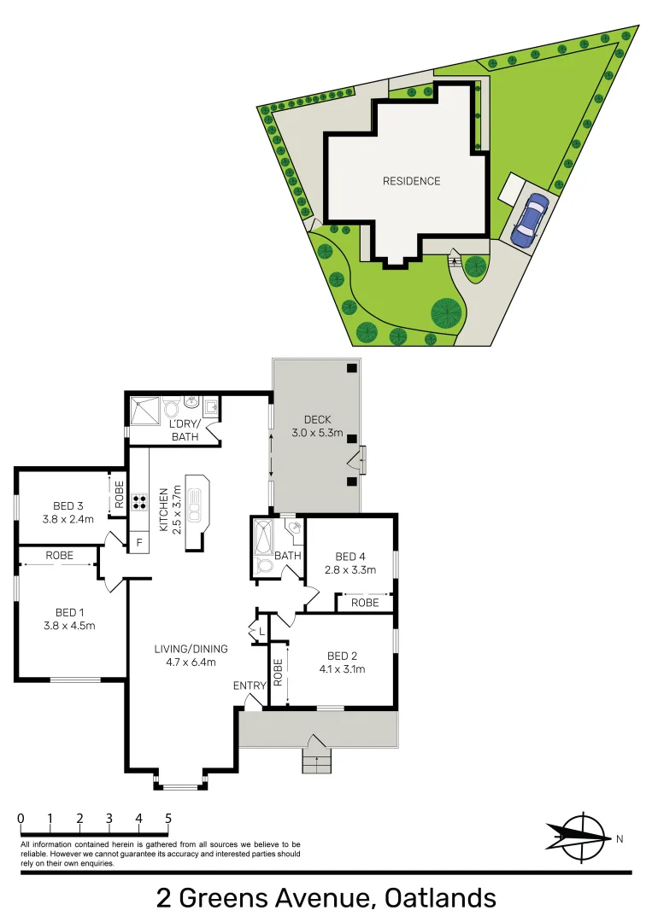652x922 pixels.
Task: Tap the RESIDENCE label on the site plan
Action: point(411,181)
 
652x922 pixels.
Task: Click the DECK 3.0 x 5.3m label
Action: point(323,427)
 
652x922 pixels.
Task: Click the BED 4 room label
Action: point(350,564)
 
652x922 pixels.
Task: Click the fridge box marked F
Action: point(138,541)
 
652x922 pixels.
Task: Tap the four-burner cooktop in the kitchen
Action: point(139,502)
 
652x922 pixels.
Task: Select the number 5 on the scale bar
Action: point(168,819)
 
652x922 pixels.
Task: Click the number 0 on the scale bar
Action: point(21,819)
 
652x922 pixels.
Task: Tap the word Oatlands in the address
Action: point(440,898)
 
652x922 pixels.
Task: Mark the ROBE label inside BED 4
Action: point(365,603)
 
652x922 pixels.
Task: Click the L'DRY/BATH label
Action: point(184,430)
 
